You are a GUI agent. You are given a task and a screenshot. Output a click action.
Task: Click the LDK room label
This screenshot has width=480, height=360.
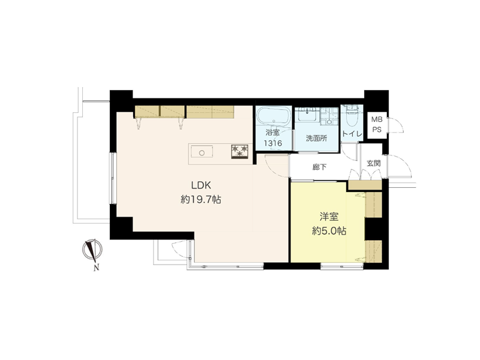pyautogui.click(x=201, y=185)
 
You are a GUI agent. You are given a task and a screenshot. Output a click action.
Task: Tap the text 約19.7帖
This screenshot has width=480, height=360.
pyautogui.click(x=201, y=200)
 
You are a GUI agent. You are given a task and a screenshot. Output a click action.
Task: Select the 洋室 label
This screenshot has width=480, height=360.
pyautogui.click(x=329, y=217)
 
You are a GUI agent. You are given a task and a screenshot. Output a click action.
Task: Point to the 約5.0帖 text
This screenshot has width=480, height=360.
pyautogui.click(x=329, y=231)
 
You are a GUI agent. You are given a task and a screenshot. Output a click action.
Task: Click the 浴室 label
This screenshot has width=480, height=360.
pyautogui.click(x=272, y=132)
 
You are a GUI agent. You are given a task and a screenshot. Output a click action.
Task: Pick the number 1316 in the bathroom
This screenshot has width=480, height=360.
pyautogui.click(x=273, y=143)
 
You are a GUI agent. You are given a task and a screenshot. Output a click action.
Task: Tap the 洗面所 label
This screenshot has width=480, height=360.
pyautogui.click(x=317, y=138)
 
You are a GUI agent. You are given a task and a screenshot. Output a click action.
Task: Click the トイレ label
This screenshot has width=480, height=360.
pyautogui.click(x=352, y=134)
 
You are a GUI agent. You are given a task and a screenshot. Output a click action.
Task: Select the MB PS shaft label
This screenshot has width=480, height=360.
pyautogui.click(x=377, y=124)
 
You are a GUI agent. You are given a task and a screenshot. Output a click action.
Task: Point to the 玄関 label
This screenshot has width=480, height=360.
pyautogui.click(x=373, y=163)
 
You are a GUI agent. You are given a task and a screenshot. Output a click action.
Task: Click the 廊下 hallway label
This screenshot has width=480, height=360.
pyautogui.click(x=319, y=167)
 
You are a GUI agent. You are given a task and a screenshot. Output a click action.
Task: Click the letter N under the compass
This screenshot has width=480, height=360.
pyautogui.click(x=97, y=268)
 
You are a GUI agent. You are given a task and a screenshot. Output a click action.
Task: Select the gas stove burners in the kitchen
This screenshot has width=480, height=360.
pyautogui.click(x=239, y=152)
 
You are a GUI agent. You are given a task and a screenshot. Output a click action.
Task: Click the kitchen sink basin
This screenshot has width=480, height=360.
pyautogui.click(x=202, y=152)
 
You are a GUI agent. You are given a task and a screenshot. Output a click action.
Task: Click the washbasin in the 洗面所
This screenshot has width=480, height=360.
pyautogui.click(x=308, y=116)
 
